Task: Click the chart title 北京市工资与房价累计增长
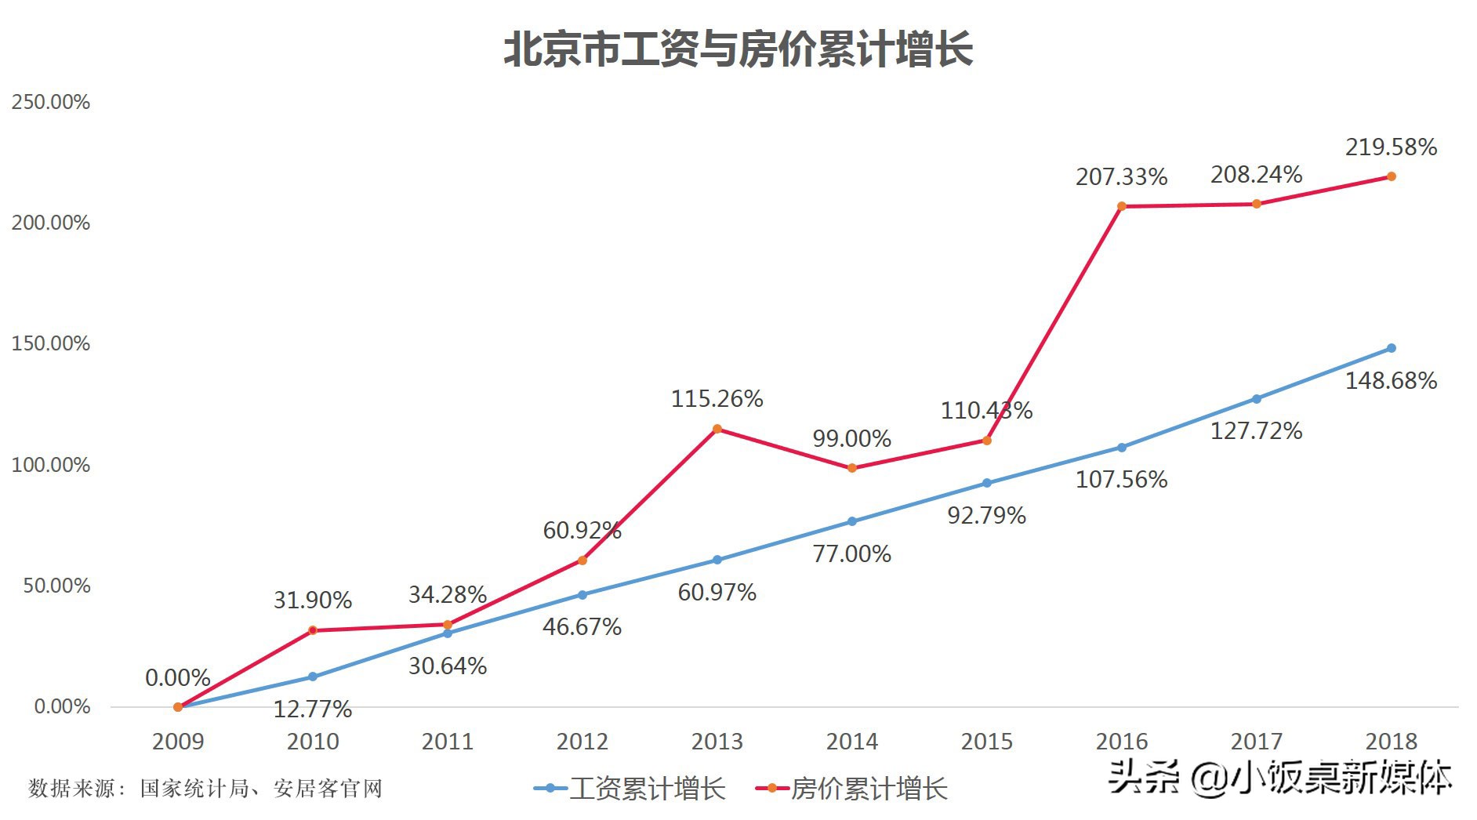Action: coord(738,49)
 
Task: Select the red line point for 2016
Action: coord(1121,206)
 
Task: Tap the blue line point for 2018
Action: coord(1391,348)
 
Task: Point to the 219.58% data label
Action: coord(1391,147)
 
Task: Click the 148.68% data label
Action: coord(1391,381)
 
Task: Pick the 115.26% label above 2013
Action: coord(717,399)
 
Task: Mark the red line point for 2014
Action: coord(852,468)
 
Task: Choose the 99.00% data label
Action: coord(851,438)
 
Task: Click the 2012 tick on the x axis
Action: coord(582,741)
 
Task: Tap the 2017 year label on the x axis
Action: coord(1256,741)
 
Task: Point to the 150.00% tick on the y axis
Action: coord(51,343)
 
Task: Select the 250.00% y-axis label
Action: coord(51,102)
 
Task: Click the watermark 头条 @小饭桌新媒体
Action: coord(1279,778)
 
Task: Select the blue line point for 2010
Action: coord(313,677)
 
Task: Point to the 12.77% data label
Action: coord(313,709)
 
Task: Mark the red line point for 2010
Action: coord(313,630)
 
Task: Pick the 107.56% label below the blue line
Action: coord(1121,480)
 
